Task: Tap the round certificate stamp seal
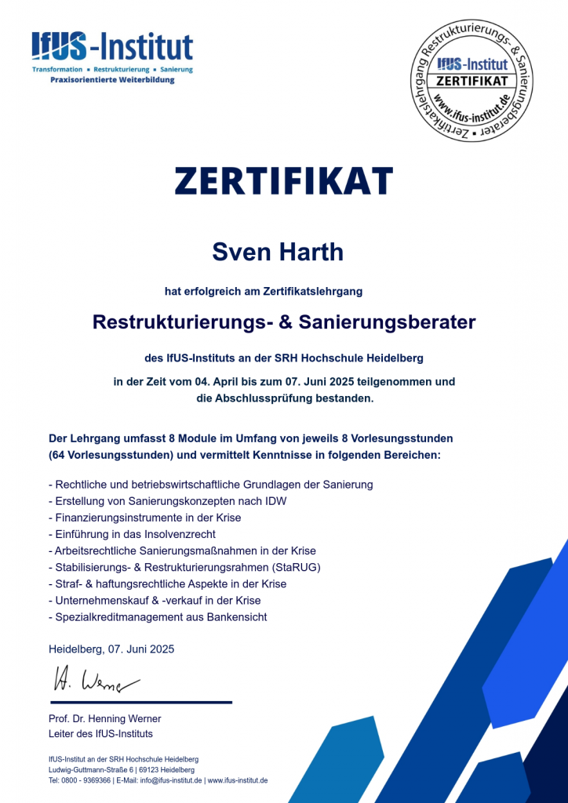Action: tap(473, 82)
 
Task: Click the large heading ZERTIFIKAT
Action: tap(284, 181)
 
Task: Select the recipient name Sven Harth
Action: tap(278, 252)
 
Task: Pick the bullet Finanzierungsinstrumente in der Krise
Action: tap(145, 518)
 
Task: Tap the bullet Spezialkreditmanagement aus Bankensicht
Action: tap(158, 617)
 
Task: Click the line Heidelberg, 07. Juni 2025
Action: tap(111, 649)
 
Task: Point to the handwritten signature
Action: tap(94, 680)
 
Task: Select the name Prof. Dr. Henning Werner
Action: tap(104, 718)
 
